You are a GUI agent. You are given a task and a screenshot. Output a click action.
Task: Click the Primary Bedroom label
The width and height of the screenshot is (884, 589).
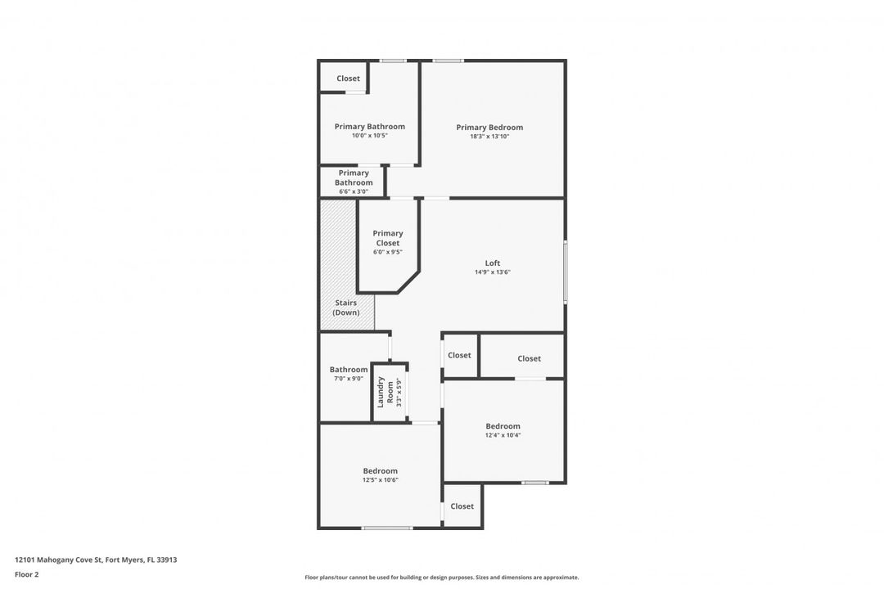point(489,128)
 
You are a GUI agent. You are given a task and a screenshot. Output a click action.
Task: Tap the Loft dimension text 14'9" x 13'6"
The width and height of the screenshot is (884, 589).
point(492,272)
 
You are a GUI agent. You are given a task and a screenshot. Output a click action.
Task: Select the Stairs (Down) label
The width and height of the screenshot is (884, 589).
point(345,308)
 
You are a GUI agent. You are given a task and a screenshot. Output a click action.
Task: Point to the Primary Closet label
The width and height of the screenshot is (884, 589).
point(388,238)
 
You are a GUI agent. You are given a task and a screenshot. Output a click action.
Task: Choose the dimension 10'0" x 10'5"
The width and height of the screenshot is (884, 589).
point(370,136)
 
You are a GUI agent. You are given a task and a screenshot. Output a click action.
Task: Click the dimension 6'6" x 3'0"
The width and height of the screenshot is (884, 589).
point(354,191)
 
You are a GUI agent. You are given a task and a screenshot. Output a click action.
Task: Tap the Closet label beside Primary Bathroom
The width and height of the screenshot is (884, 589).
point(348,79)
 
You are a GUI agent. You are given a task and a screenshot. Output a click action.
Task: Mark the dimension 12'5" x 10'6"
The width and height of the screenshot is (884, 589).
point(380,480)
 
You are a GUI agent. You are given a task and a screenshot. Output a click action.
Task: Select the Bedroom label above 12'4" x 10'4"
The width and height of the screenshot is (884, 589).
point(503,426)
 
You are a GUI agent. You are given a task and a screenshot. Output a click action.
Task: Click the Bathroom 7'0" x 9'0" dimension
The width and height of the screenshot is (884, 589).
point(349,379)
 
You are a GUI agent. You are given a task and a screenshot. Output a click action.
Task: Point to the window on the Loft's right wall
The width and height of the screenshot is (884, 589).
point(566,272)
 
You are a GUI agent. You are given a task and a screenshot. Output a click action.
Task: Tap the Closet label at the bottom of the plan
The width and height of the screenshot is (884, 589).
point(462,506)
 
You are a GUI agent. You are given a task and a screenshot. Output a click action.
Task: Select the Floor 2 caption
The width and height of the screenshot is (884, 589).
point(26,575)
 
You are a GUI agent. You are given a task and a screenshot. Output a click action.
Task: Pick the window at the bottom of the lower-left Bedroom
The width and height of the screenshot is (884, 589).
point(386,528)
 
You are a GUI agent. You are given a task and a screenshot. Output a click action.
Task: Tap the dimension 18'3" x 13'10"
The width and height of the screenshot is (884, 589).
point(489,137)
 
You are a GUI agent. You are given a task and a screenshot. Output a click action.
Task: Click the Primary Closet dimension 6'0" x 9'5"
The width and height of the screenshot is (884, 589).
point(388,253)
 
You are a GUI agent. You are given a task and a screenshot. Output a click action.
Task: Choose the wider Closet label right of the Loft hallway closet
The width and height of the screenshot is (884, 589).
point(529,358)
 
